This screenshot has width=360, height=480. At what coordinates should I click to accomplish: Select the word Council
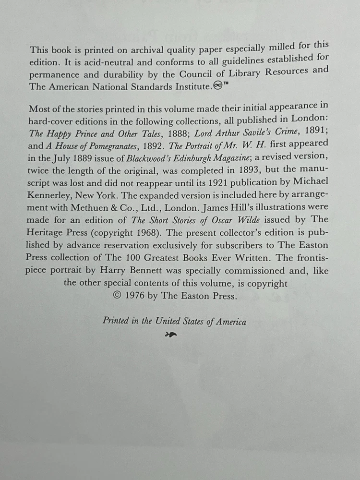click(200, 74)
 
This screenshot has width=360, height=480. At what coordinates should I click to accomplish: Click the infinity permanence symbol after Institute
click(218, 86)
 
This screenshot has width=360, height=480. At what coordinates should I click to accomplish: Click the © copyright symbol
click(116, 296)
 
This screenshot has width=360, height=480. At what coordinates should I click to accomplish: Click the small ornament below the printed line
click(170, 335)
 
